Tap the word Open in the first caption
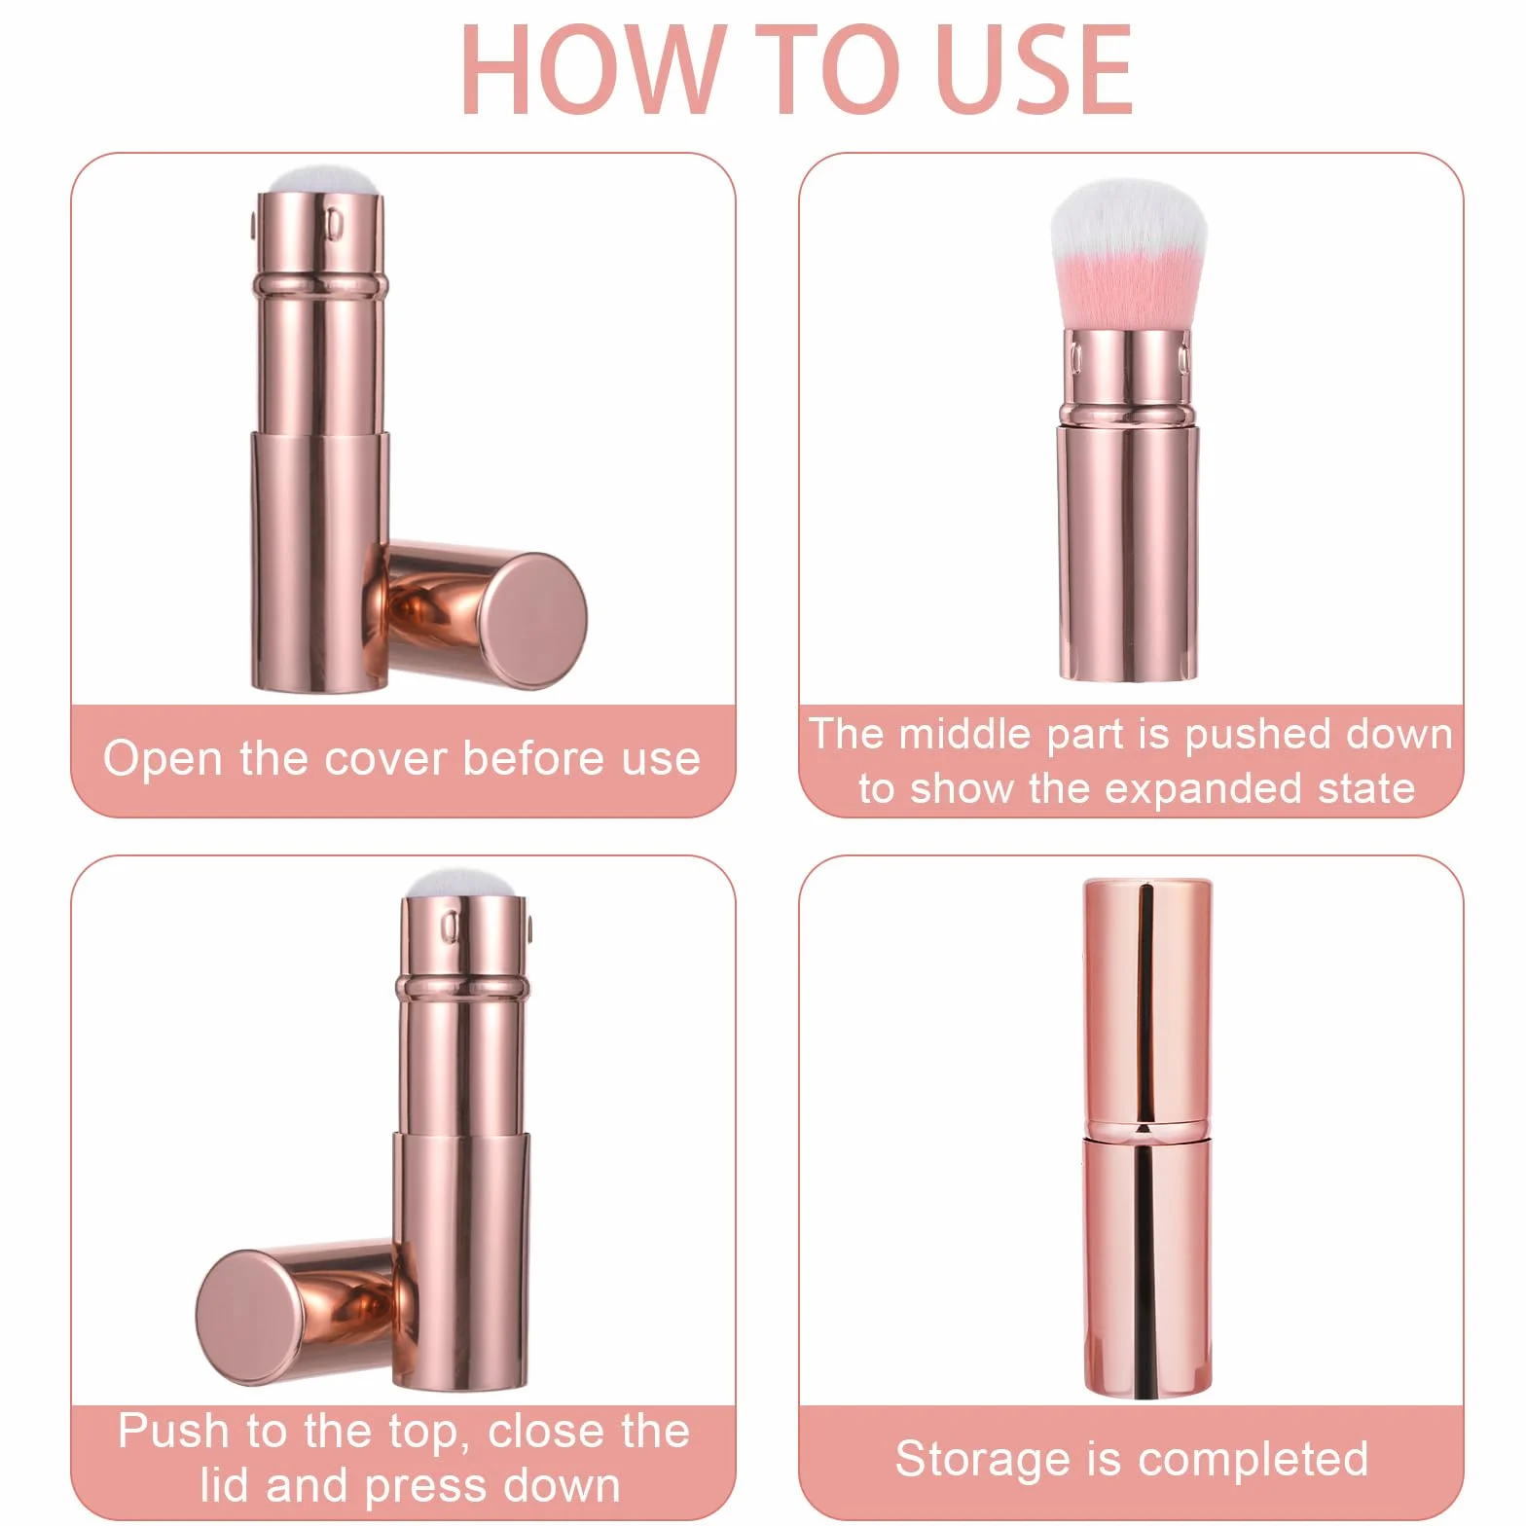coord(163,760)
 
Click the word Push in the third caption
coord(173,1432)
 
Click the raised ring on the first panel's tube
coord(320,285)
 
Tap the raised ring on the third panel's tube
coord(463,988)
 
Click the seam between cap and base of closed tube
coord(1148,1130)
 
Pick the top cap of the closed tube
coord(1148,1002)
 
